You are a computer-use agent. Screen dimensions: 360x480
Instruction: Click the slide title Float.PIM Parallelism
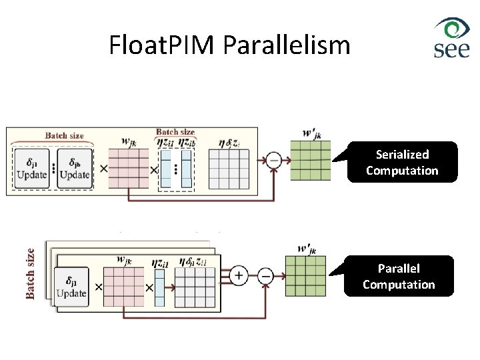pos(229,45)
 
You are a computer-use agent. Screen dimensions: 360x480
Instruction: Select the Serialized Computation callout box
pos(402,162)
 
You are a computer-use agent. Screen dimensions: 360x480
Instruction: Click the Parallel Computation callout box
pos(399,277)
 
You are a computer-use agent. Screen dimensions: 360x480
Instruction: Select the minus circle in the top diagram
pos(273,160)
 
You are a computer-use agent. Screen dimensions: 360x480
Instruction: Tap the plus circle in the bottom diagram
pos(239,274)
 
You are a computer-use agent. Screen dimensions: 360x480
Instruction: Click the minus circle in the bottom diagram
pos(265,274)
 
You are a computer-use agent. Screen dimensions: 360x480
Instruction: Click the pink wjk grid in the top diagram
pos(128,169)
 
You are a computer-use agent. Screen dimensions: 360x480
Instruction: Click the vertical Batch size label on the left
pos(30,273)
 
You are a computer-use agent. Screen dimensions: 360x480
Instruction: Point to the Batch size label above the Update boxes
pos(64,135)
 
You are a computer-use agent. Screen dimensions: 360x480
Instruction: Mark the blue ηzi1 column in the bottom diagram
pos(159,287)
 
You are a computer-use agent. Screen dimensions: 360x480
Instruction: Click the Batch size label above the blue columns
pos(175,132)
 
